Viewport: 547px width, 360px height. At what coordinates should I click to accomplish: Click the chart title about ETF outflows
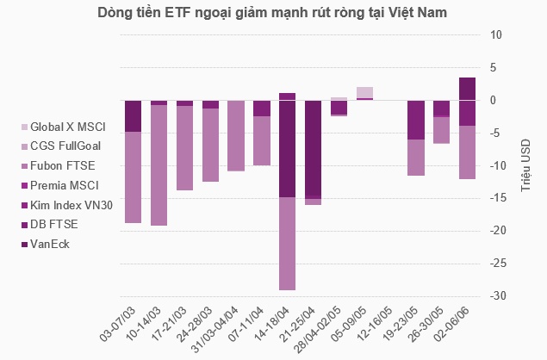click(x=273, y=14)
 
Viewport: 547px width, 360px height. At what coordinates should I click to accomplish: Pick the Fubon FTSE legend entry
click(x=64, y=165)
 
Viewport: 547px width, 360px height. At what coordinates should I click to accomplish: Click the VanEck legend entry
click(x=53, y=244)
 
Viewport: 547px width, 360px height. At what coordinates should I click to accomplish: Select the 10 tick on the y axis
click(x=496, y=35)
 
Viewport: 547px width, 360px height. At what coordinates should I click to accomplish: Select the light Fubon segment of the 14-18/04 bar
click(x=287, y=244)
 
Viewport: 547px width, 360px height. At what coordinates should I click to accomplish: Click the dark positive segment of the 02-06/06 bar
click(x=466, y=89)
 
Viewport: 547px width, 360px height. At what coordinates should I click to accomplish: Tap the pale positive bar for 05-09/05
click(x=364, y=92)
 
